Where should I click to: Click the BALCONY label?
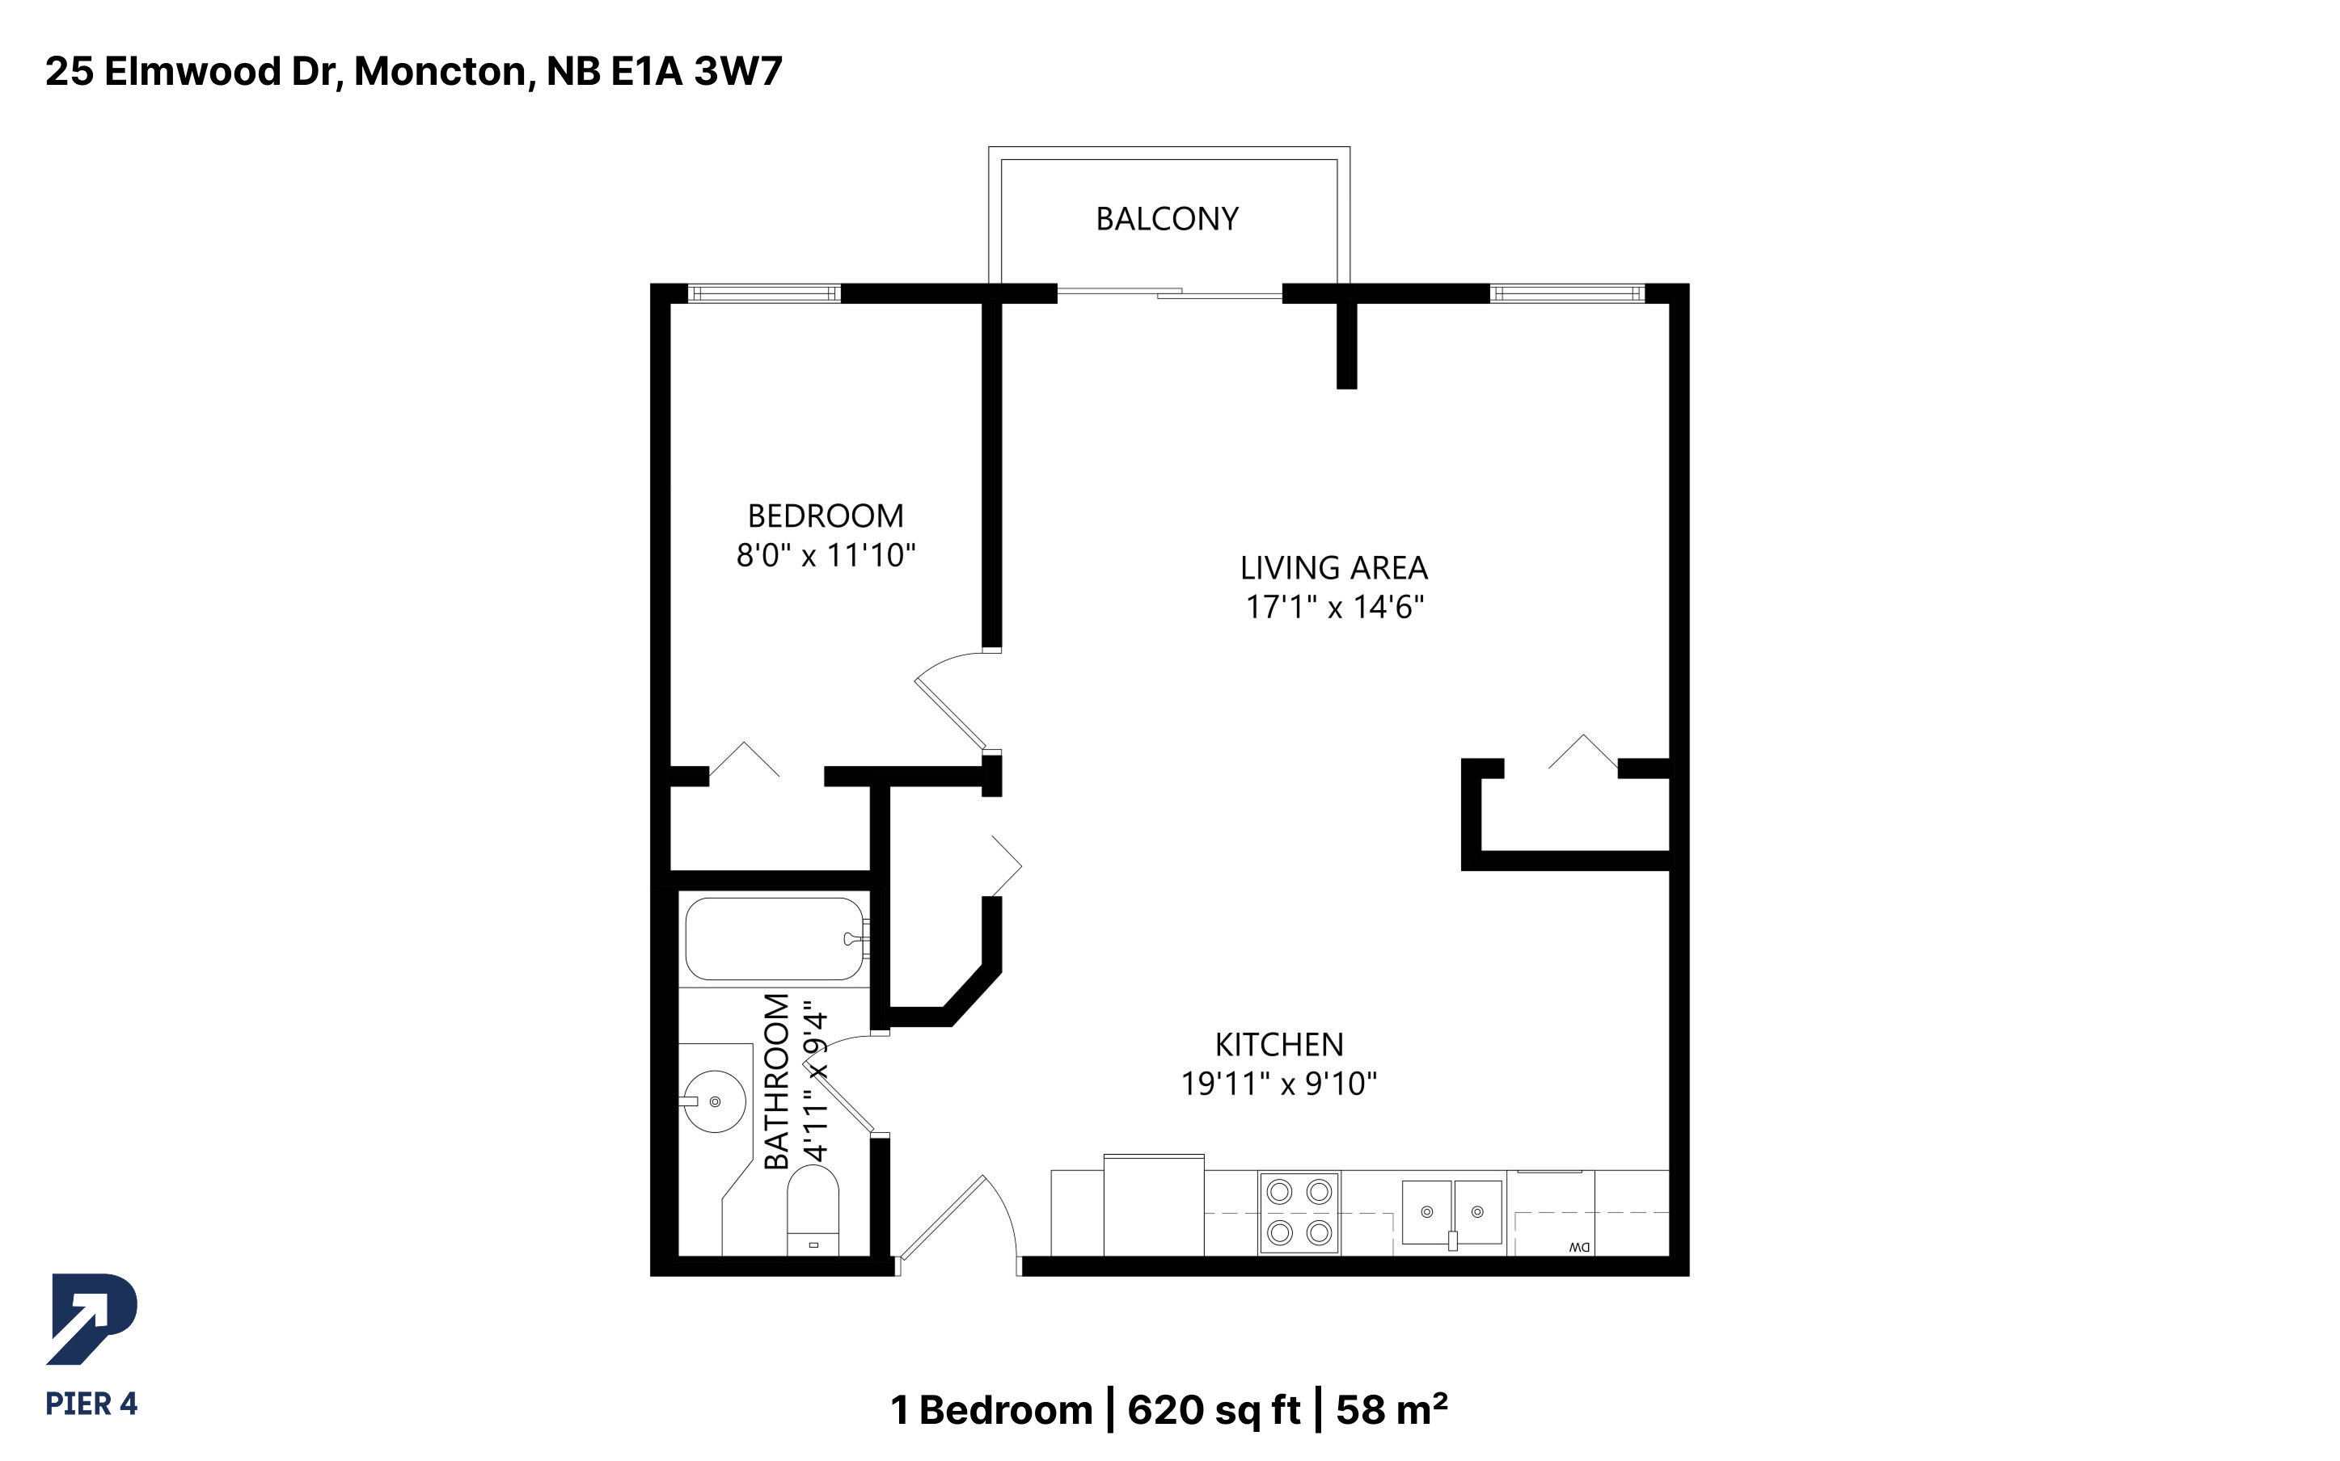pos(1167,219)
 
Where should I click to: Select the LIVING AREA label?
pos(1334,567)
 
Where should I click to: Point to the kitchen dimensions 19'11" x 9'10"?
pos(1278,1083)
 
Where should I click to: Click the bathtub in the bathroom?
pos(775,939)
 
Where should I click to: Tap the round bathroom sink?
pos(714,1101)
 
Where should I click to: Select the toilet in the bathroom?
pos(813,1210)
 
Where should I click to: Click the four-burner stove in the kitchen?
pos(1299,1213)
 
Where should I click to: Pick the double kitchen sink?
pos(1451,1211)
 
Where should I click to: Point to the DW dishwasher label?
pos(1579,1248)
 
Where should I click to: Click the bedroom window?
pos(763,293)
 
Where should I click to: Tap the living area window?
pos(1567,293)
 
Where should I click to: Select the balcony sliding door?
pos(1169,292)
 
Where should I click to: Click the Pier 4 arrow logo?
pos(92,1319)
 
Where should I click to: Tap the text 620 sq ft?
pos(1214,1410)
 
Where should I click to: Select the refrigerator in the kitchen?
pos(1154,1205)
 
